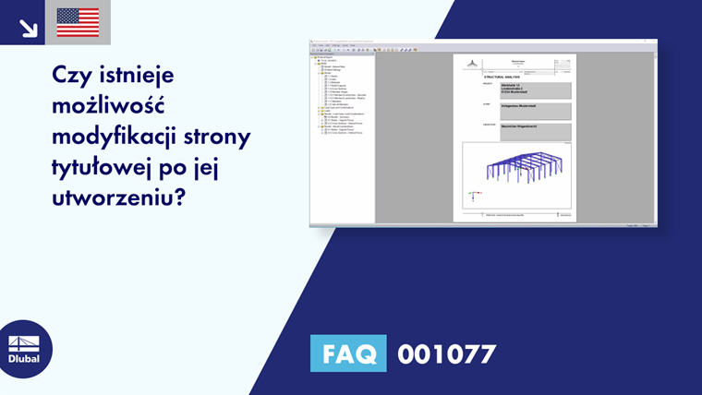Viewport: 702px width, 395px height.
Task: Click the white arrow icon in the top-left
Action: [28, 27]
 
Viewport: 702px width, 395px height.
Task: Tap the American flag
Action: [78, 22]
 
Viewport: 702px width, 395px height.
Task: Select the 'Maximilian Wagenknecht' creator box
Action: [535, 131]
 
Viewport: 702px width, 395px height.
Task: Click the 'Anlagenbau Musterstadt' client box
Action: [535, 110]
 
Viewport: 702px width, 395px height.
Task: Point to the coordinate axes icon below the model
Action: [473, 196]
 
